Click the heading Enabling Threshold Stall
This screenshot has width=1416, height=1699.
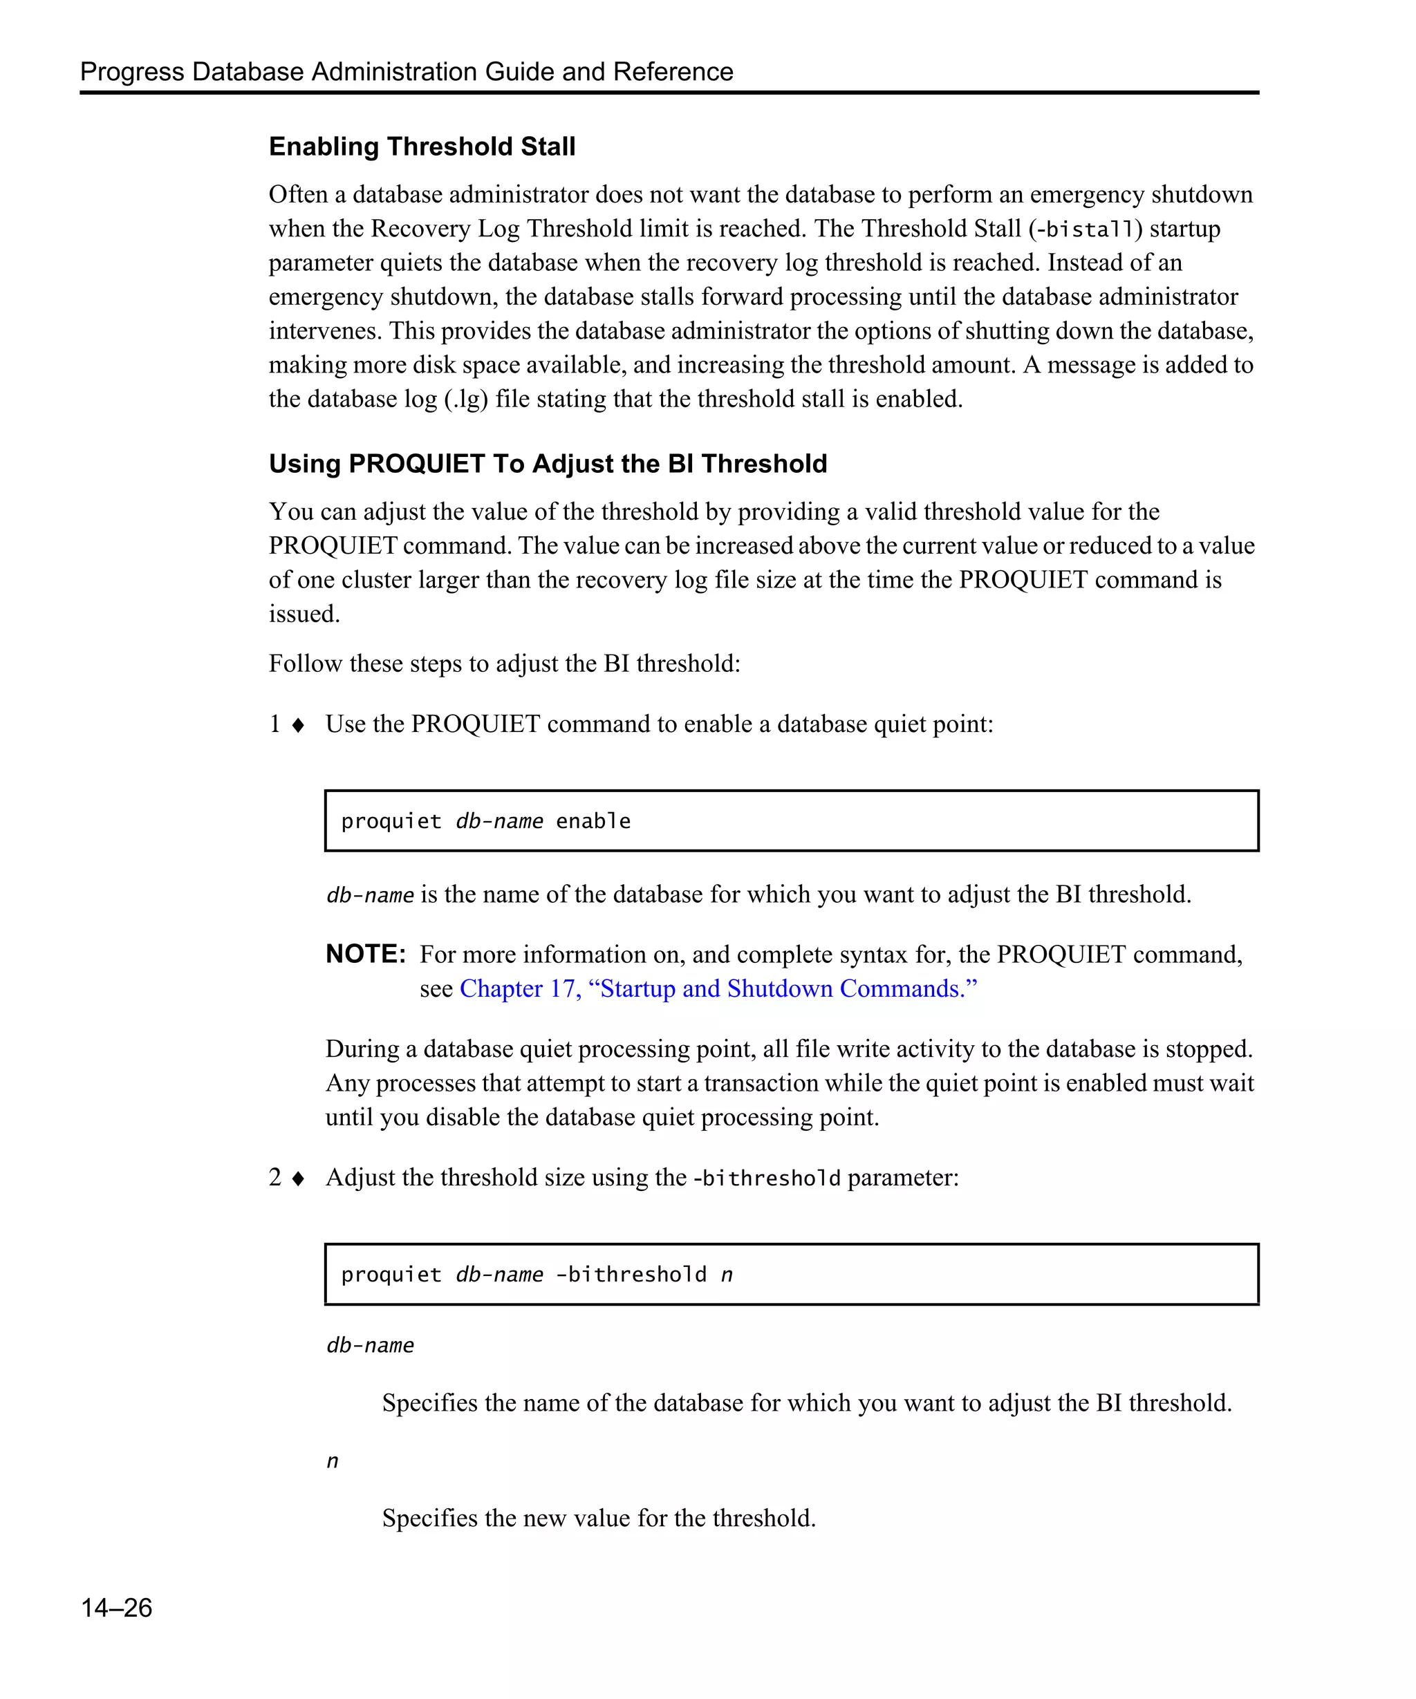coord(422,147)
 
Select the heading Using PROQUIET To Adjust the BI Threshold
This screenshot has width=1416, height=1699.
coord(548,464)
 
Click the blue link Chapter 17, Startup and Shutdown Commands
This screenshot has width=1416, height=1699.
coord(718,988)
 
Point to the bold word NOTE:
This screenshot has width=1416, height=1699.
coord(365,954)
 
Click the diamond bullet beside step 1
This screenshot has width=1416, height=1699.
coord(298,725)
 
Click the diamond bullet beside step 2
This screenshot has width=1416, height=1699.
coord(298,1179)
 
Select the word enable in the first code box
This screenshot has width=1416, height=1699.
coord(593,821)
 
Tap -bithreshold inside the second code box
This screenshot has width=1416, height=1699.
coord(631,1275)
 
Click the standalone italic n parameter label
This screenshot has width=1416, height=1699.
coord(332,1461)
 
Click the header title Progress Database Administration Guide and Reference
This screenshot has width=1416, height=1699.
coord(406,71)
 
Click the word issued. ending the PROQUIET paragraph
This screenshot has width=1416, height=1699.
coord(304,614)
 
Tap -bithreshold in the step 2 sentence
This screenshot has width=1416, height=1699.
coord(766,1178)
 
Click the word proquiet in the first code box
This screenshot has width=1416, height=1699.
coord(391,821)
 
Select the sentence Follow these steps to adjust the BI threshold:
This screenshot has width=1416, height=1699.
coord(504,664)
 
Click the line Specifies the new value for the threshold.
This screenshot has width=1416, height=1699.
coord(598,1518)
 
